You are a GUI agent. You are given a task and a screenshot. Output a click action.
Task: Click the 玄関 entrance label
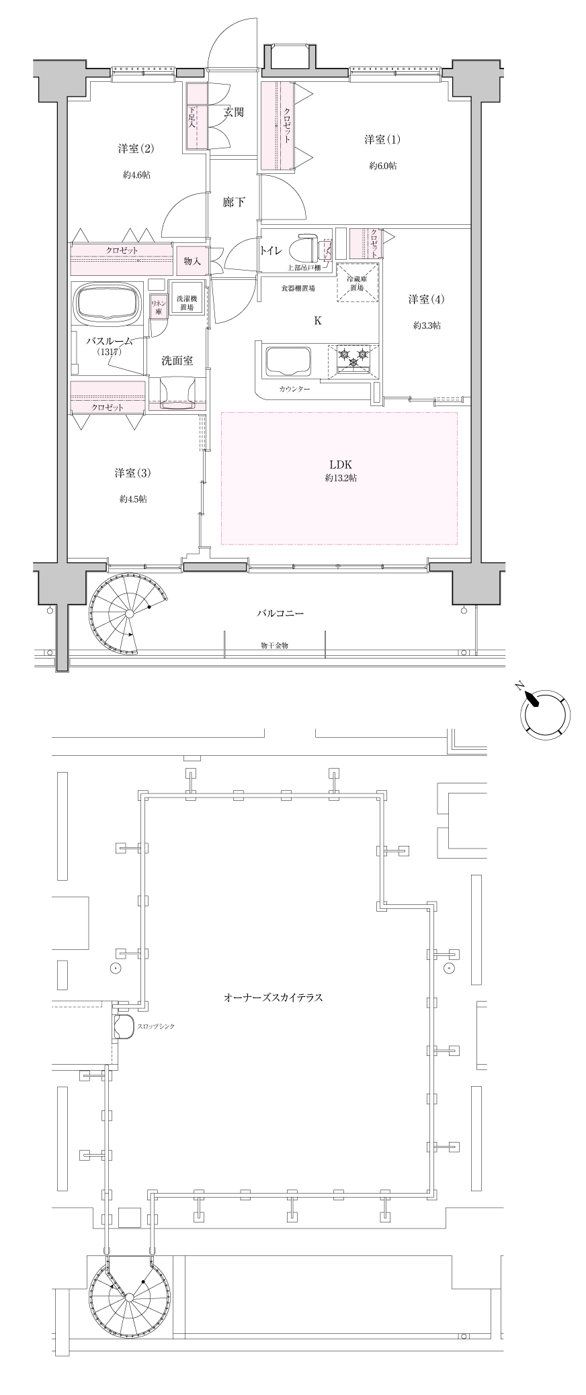coord(234,112)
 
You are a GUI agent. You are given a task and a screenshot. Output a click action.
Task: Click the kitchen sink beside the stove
coord(288,362)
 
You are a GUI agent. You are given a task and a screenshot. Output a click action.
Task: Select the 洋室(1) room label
coord(382,140)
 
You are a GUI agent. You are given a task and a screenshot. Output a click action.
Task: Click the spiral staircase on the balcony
coord(128,614)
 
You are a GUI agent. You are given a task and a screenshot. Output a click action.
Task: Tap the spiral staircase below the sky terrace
coord(128,1295)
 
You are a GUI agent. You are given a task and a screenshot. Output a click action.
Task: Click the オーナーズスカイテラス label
coord(273,998)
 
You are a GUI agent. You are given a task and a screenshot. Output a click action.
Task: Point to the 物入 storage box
coord(192,261)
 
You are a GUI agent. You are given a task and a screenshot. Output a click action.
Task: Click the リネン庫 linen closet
coord(159,306)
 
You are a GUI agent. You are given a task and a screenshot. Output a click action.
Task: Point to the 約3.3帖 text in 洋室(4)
coord(427,326)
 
